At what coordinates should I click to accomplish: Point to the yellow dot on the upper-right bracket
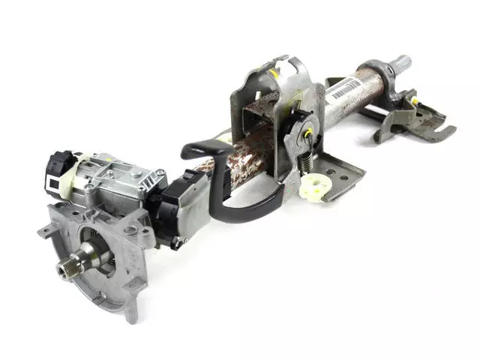click(x=413, y=100)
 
